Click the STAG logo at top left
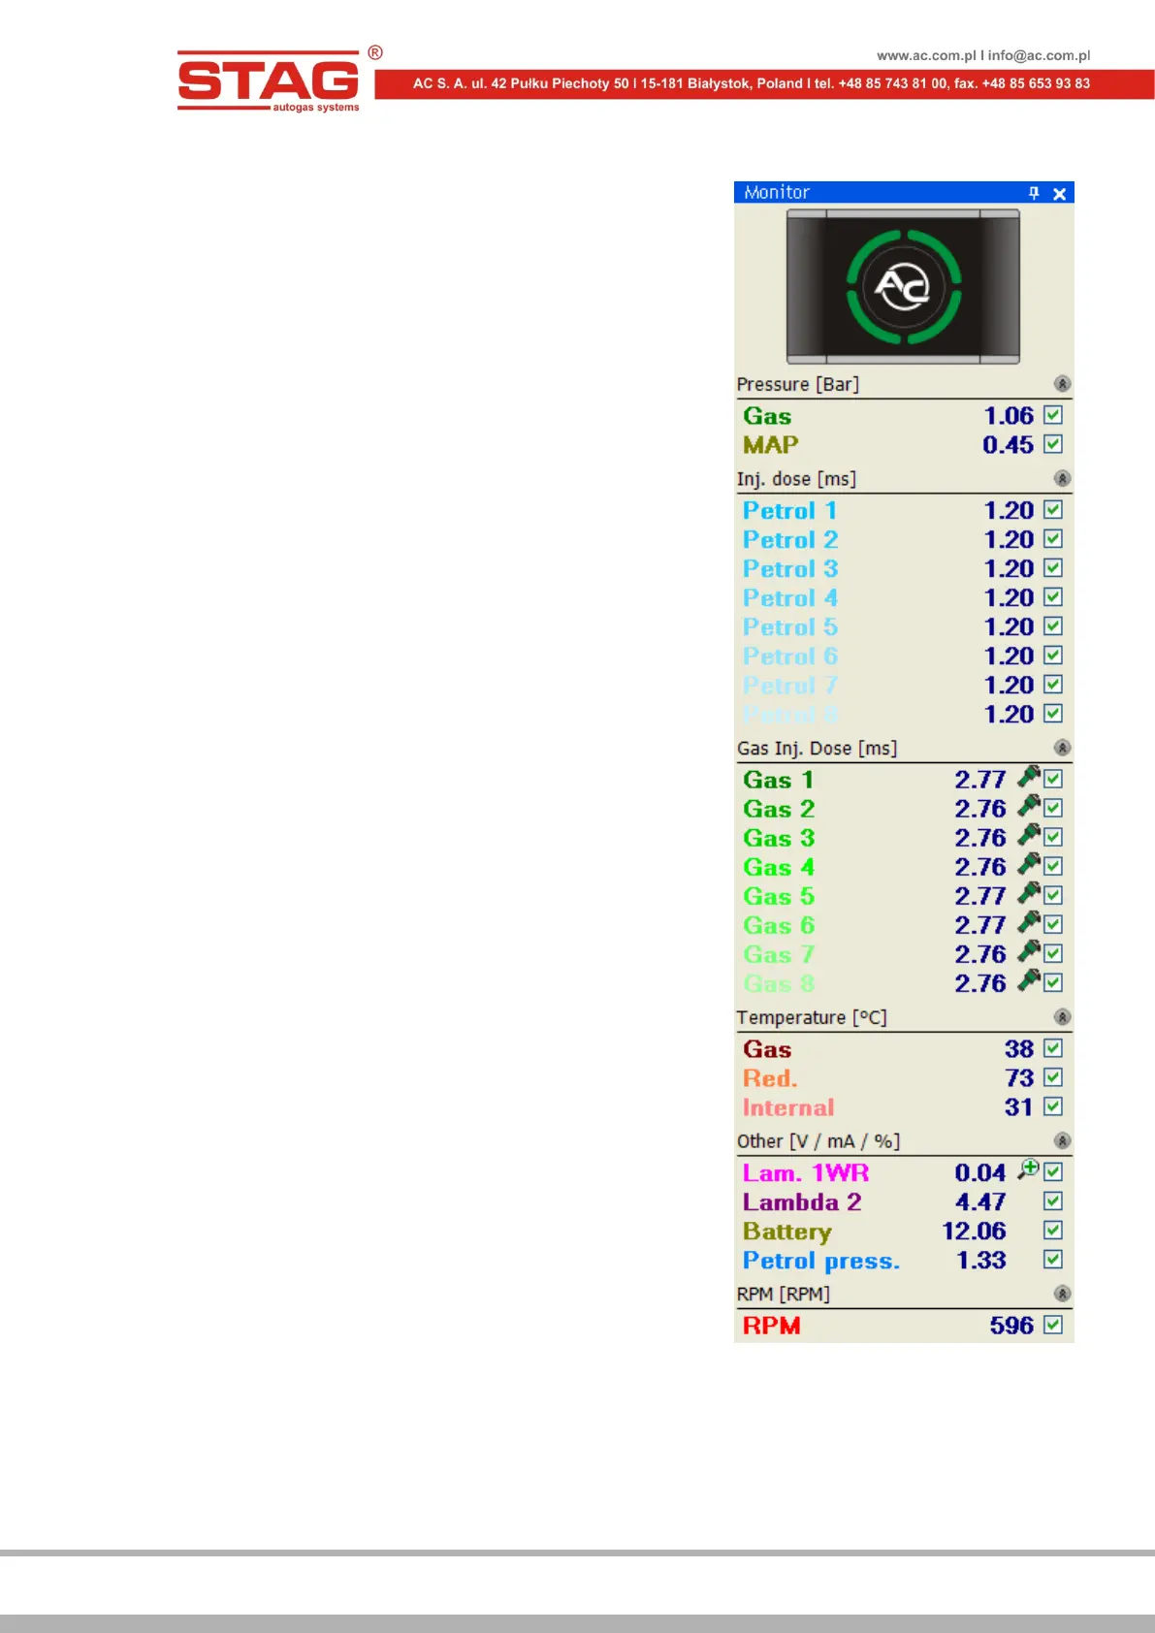pos(269,81)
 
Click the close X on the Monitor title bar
pos(1060,194)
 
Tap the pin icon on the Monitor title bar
pos(1034,193)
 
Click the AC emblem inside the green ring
pos(903,287)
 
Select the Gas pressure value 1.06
pos(1009,416)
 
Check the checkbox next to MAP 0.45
pos(1053,444)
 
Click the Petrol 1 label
pos(789,511)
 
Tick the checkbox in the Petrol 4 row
pos(1053,597)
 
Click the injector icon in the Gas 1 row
pos(1029,777)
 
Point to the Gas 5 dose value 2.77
pos(980,896)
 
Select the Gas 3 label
pos(779,838)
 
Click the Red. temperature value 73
pos(1019,1078)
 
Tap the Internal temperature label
pos(788,1107)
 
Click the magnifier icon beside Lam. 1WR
pos(1028,1169)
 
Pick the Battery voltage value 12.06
pos(974,1232)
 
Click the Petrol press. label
pos(820,1261)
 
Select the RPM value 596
pos(1011,1326)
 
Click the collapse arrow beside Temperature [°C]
pos(1062,1017)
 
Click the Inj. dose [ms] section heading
pos(796,479)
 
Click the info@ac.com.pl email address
pos(1039,55)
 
